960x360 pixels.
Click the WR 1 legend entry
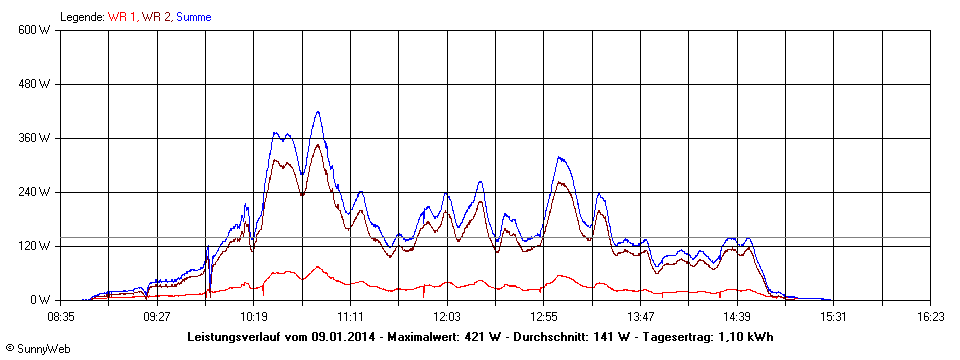pyautogui.click(x=123, y=17)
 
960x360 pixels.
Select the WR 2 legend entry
pyautogui.click(x=157, y=17)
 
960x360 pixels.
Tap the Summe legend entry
pyautogui.click(x=194, y=17)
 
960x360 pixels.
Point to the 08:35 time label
pyautogui.click(x=61, y=316)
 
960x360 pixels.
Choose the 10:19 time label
pyautogui.click(x=254, y=316)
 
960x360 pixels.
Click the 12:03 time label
pyautogui.click(x=447, y=316)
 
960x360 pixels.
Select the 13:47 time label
pyautogui.click(x=640, y=316)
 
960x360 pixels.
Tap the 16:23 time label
pyautogui.click(x=930, y=316)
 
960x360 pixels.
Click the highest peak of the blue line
pyautogui.click(x=318, y=112)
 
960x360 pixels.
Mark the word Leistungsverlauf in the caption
pyautogui.click(x=234, y=337)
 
